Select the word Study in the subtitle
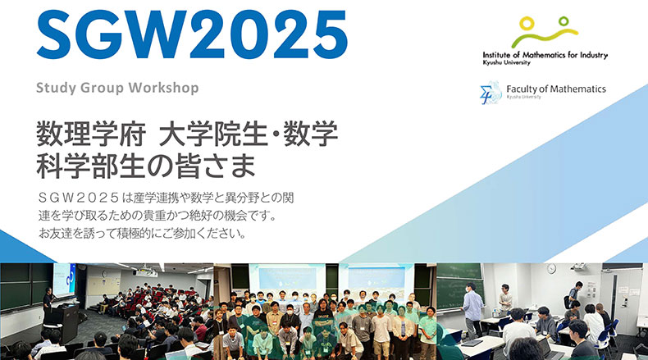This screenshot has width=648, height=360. click(x=57, y=89)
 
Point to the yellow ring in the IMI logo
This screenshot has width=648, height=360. click(x=527, y=23)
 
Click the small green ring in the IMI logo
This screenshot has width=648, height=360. click(x=564, y=21)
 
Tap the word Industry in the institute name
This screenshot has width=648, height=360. click(x=592, y=56)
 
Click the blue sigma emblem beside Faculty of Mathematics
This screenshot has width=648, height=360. click(x=491, y=93)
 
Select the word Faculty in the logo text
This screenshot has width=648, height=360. click(x=519, y=89)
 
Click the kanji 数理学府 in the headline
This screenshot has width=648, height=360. click(x=91, y=134)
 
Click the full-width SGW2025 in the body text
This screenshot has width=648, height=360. click(x=79, y=198)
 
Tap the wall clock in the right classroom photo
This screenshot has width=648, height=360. click(x=551, y=269)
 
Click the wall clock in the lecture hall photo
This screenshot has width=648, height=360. click(x=104, y=273)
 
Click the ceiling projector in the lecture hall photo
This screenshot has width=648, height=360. click(x=145, y=273)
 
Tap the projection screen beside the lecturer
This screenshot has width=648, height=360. click(x=64, y=280)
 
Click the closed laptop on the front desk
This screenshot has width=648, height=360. click(x=472, y=343)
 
